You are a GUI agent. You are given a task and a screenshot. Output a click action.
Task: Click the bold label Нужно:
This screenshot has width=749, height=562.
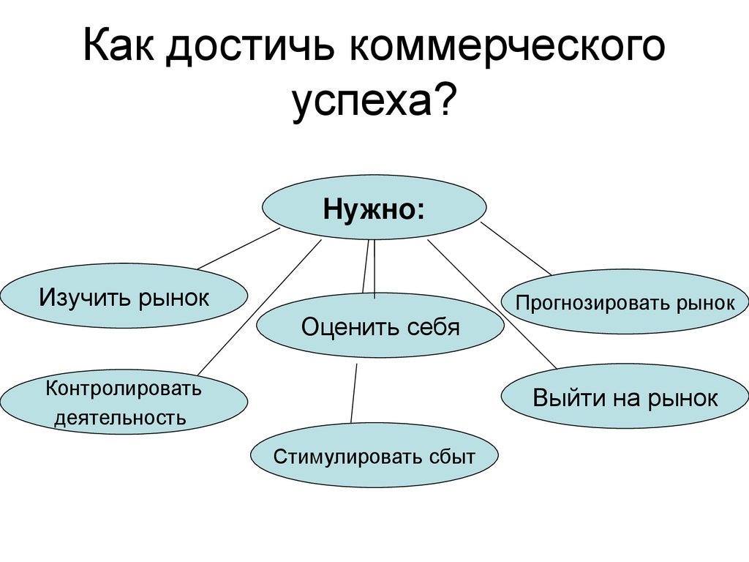(374, 209)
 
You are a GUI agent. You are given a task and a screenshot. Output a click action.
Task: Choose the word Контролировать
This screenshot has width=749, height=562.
(124, 388)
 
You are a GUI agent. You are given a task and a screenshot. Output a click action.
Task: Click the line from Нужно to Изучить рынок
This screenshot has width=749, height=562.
(238, 249)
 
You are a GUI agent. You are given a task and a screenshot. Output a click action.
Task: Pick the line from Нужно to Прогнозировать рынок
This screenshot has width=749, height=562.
(516, 250)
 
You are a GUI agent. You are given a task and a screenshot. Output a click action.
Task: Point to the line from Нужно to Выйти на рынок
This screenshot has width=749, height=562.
(492, 304)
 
